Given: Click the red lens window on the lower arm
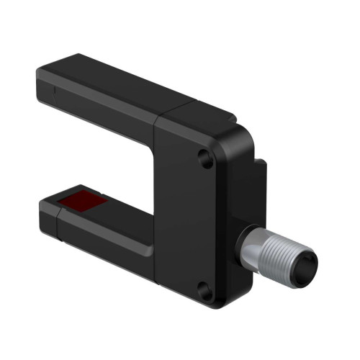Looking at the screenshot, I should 81,202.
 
